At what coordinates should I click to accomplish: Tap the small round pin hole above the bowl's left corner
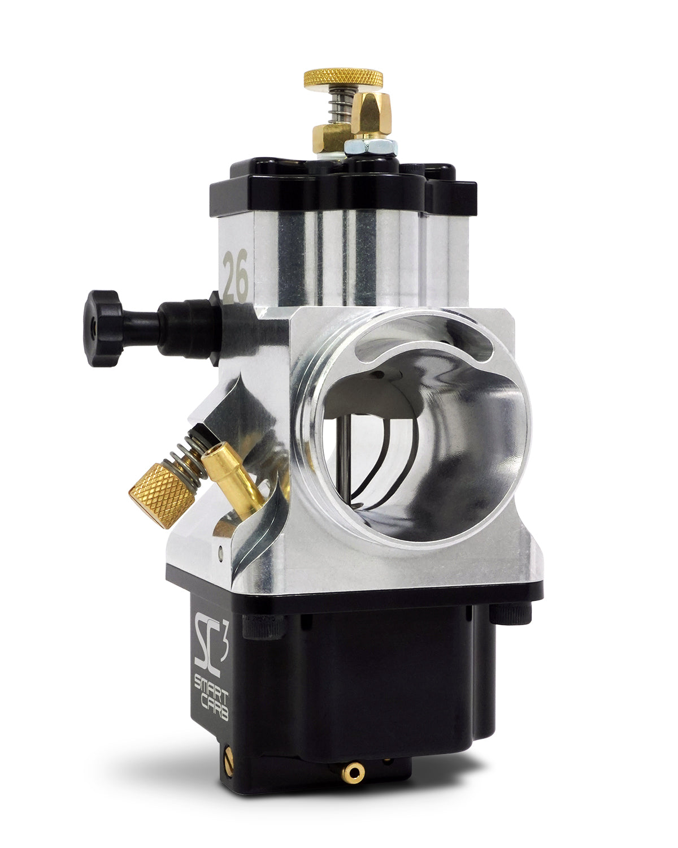[220, 548]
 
